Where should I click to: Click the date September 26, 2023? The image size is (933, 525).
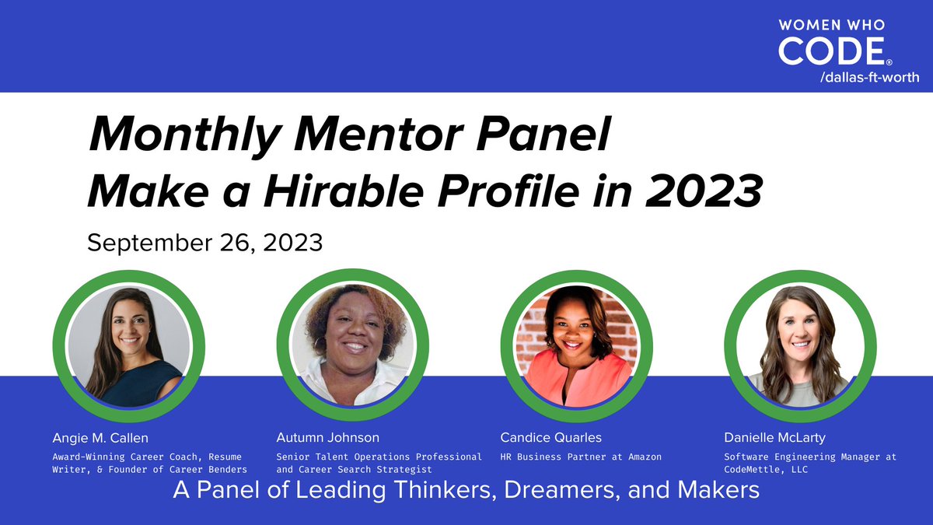tap(204, 242)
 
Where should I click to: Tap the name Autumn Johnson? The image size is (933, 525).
tap(328, 438)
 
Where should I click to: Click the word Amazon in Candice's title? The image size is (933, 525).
tap(641, 457)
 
